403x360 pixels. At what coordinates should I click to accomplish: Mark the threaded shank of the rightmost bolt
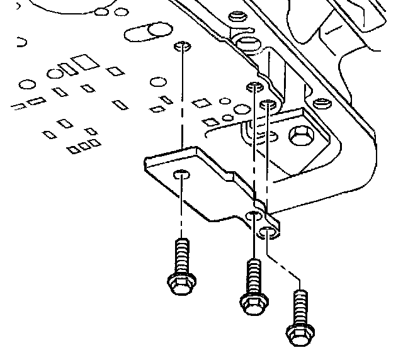pyautogui.click(x=300, y=305)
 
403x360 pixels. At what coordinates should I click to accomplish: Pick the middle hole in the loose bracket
pyautogui.click(x=254, y=217)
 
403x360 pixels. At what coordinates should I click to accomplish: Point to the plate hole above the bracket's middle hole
pyautogui.click(x=254, y=86)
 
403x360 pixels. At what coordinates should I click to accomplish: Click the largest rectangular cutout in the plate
pyautogui.click(x=82, y=62)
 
